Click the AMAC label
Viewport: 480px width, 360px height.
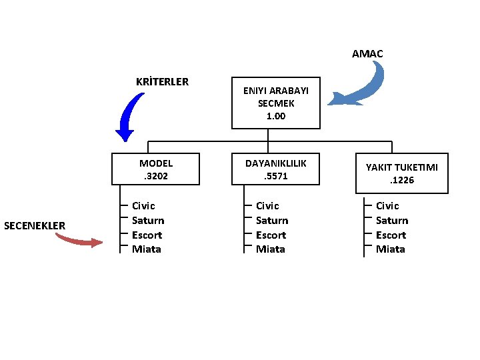[x=367, y=53]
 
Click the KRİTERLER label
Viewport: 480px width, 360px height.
[x=162, y=82]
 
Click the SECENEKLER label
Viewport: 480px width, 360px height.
[x=35, y=225]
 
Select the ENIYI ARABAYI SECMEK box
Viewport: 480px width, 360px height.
[x=276, y=104]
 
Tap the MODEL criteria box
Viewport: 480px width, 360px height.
[x=156, y=169]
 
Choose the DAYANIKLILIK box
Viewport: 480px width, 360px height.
[x=276, y=169]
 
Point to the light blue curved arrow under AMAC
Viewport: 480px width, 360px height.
[x=364, y=87]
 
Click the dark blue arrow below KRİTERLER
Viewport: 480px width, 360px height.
[x=130, y=117]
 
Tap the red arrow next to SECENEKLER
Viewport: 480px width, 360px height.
[x=79, y=239]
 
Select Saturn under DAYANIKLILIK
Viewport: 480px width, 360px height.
[x=272, y=221]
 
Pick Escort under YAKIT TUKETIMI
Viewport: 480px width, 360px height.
[x=391, y=235]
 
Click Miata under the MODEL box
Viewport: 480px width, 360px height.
[x=147, y=249]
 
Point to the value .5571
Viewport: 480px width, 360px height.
[x=276, y=177]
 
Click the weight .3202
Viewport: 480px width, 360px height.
[x=156, y=177]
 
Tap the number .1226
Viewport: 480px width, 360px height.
[x=401, y=180]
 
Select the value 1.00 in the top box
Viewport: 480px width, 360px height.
[x=276, y=116]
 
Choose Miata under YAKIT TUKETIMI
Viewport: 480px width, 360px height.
[x=391, y=249]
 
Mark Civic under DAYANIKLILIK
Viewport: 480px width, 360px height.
[x=267, y=206]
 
